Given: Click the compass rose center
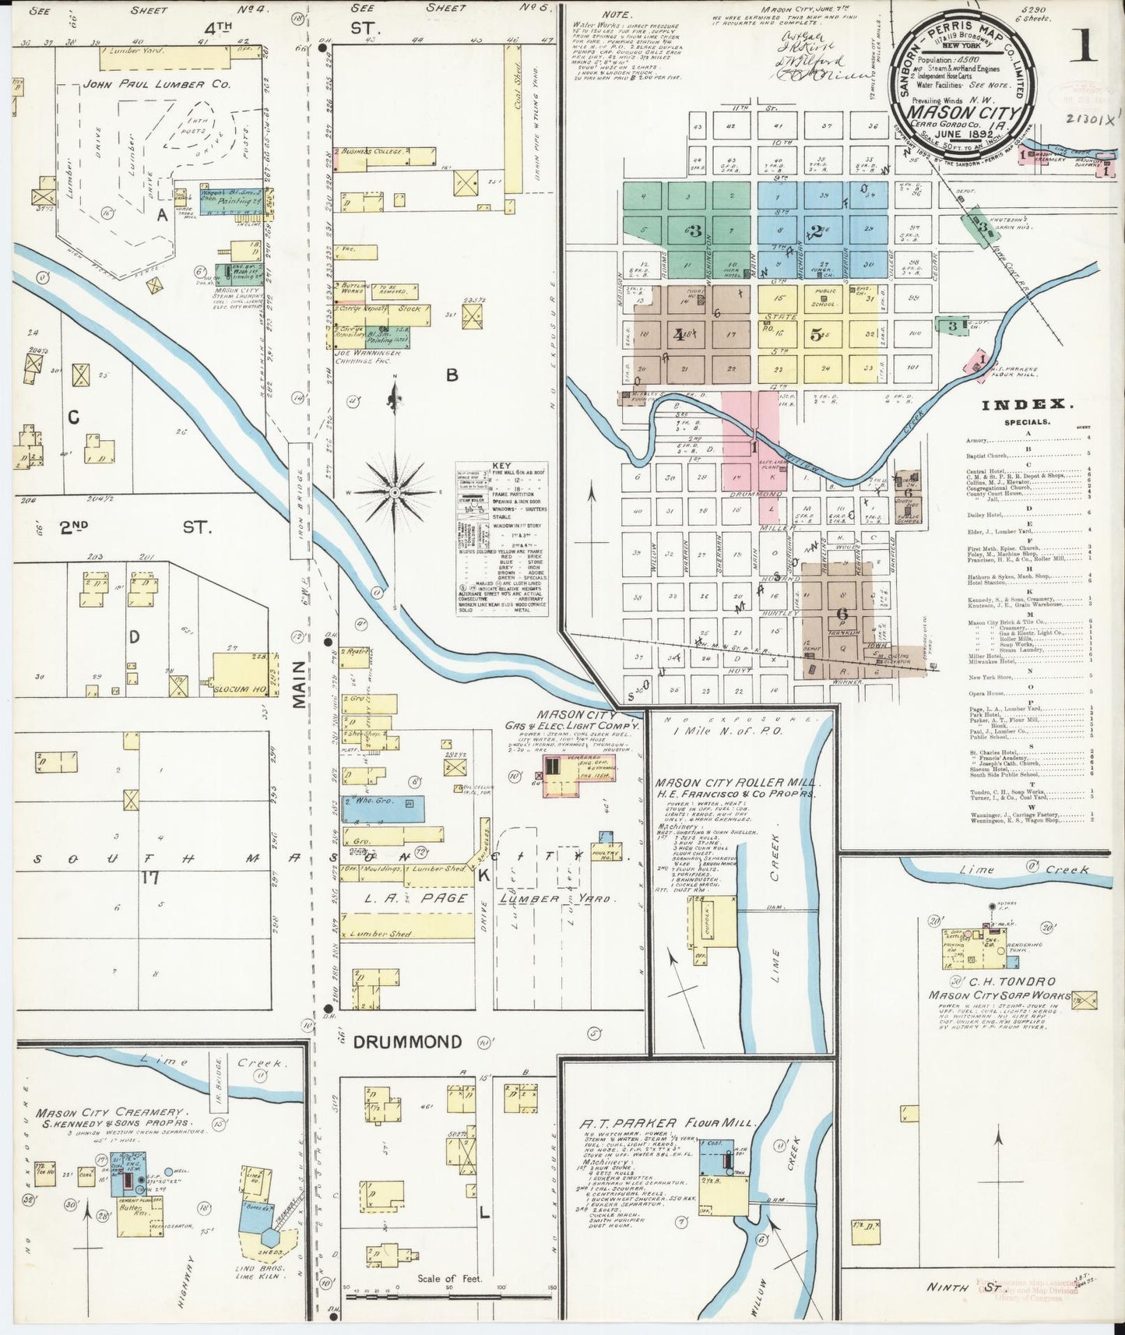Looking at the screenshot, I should [395, 493].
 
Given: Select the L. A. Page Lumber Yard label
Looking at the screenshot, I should [483, 898].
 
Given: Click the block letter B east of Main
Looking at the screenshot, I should [451, 375].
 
